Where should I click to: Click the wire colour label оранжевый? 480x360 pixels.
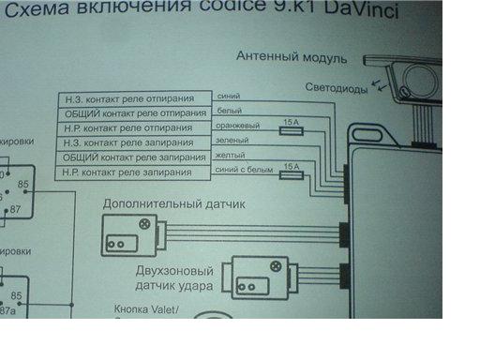[x=238, y=124]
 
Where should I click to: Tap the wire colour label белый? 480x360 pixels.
[x=229, y=109]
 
